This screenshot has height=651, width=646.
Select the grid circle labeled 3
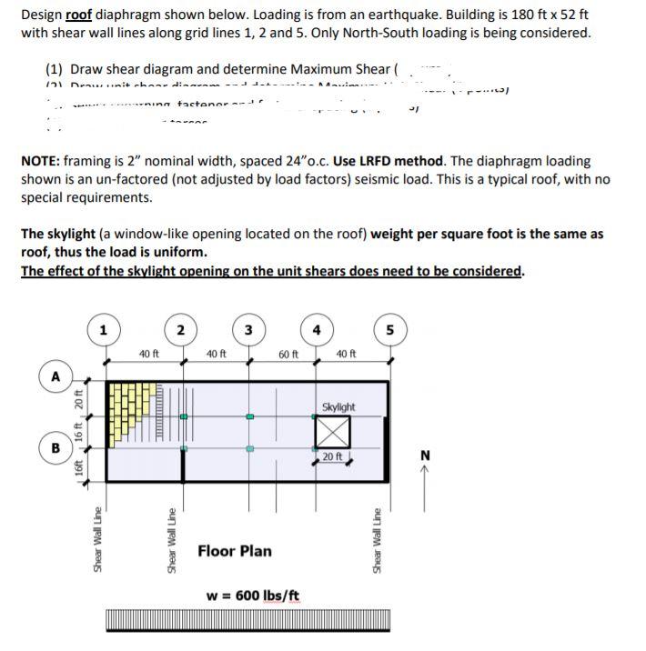click(248, 330)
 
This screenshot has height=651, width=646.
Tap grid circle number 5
click(389, 330)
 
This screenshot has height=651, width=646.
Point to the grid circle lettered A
click(56, 376)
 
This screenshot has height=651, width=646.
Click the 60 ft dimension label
click(288, 354)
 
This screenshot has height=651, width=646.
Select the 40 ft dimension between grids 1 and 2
click(148, 354)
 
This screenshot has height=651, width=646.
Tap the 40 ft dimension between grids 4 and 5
click(347, 354)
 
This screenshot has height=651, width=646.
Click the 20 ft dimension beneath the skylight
click(333, 456)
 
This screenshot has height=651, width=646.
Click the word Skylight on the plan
click(338, 407)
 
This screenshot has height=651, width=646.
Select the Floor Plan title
click(234, 550)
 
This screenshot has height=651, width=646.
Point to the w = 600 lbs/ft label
click(254, 595)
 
